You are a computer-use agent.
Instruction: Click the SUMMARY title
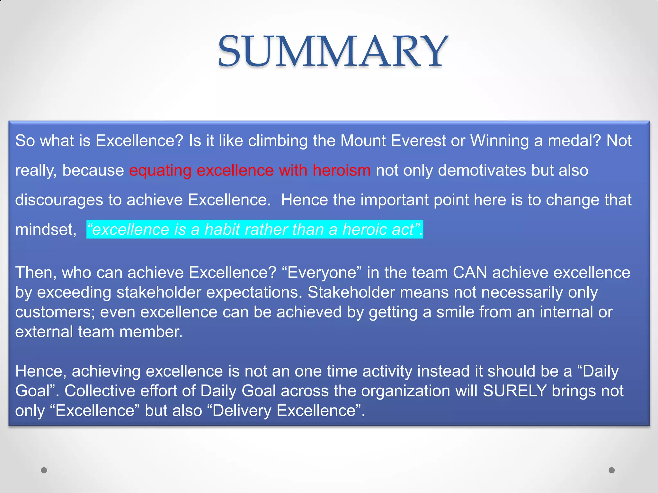[333, 51]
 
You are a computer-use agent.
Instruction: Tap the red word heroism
[342, 170]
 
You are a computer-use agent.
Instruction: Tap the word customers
[55, 312]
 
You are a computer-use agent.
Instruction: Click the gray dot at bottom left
[44, 470]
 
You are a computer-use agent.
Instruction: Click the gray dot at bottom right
[612, 470]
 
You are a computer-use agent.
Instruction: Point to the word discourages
[59, 200]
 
